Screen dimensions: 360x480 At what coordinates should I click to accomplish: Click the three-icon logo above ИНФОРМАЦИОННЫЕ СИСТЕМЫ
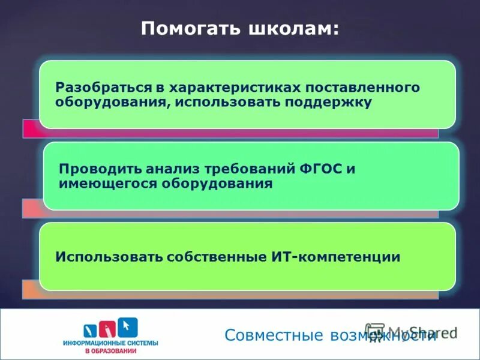pos(111,327)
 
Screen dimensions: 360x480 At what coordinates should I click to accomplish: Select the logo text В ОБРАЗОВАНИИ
pos(110,350)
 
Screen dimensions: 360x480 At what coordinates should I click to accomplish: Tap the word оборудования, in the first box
pos(108,103)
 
